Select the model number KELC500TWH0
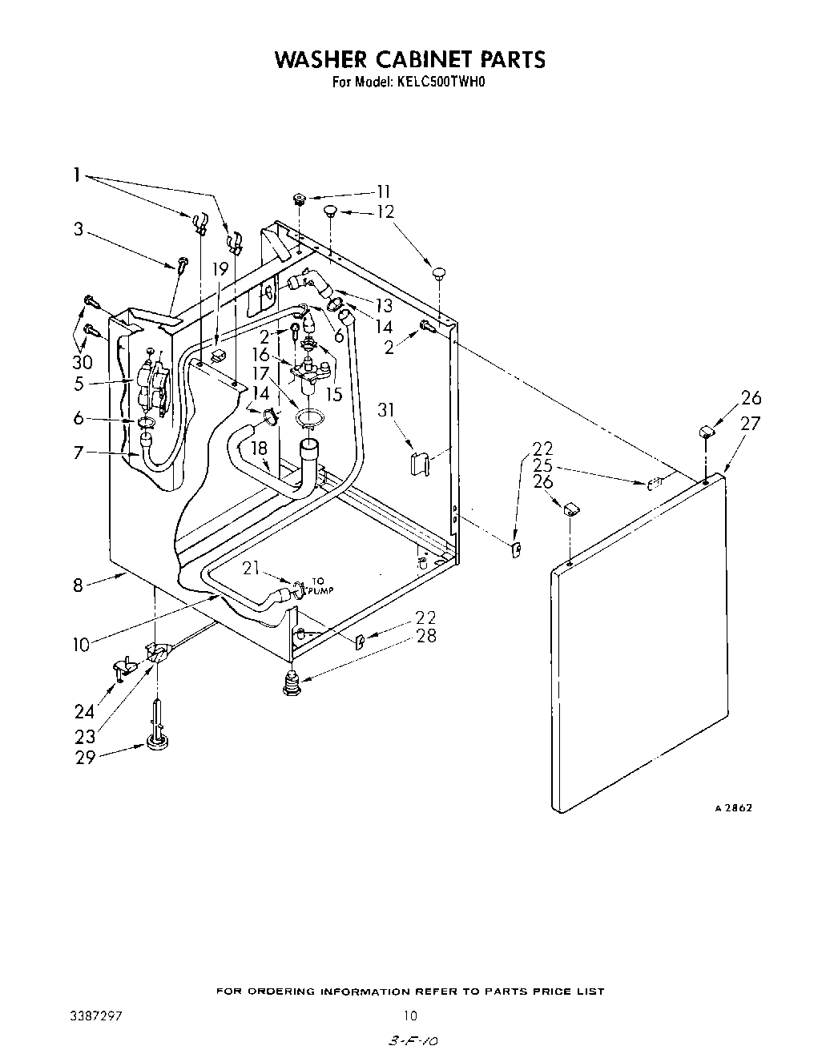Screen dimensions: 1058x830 point(441,81)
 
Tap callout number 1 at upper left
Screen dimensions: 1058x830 point(77,175)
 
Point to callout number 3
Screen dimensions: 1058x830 point(79,229)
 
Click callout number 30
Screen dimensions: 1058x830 point(83,361)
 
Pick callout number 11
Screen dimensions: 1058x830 point(384,191)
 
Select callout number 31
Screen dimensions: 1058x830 point(387,411)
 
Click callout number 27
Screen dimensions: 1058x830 point(750,424)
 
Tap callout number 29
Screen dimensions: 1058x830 point(86,757)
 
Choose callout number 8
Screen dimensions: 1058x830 point(78,585)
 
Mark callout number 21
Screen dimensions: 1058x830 point(252,568)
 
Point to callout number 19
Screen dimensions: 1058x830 point(220,270)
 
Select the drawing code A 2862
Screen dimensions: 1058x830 point(733,808)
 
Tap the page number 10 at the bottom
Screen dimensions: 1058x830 point(410,1016)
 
